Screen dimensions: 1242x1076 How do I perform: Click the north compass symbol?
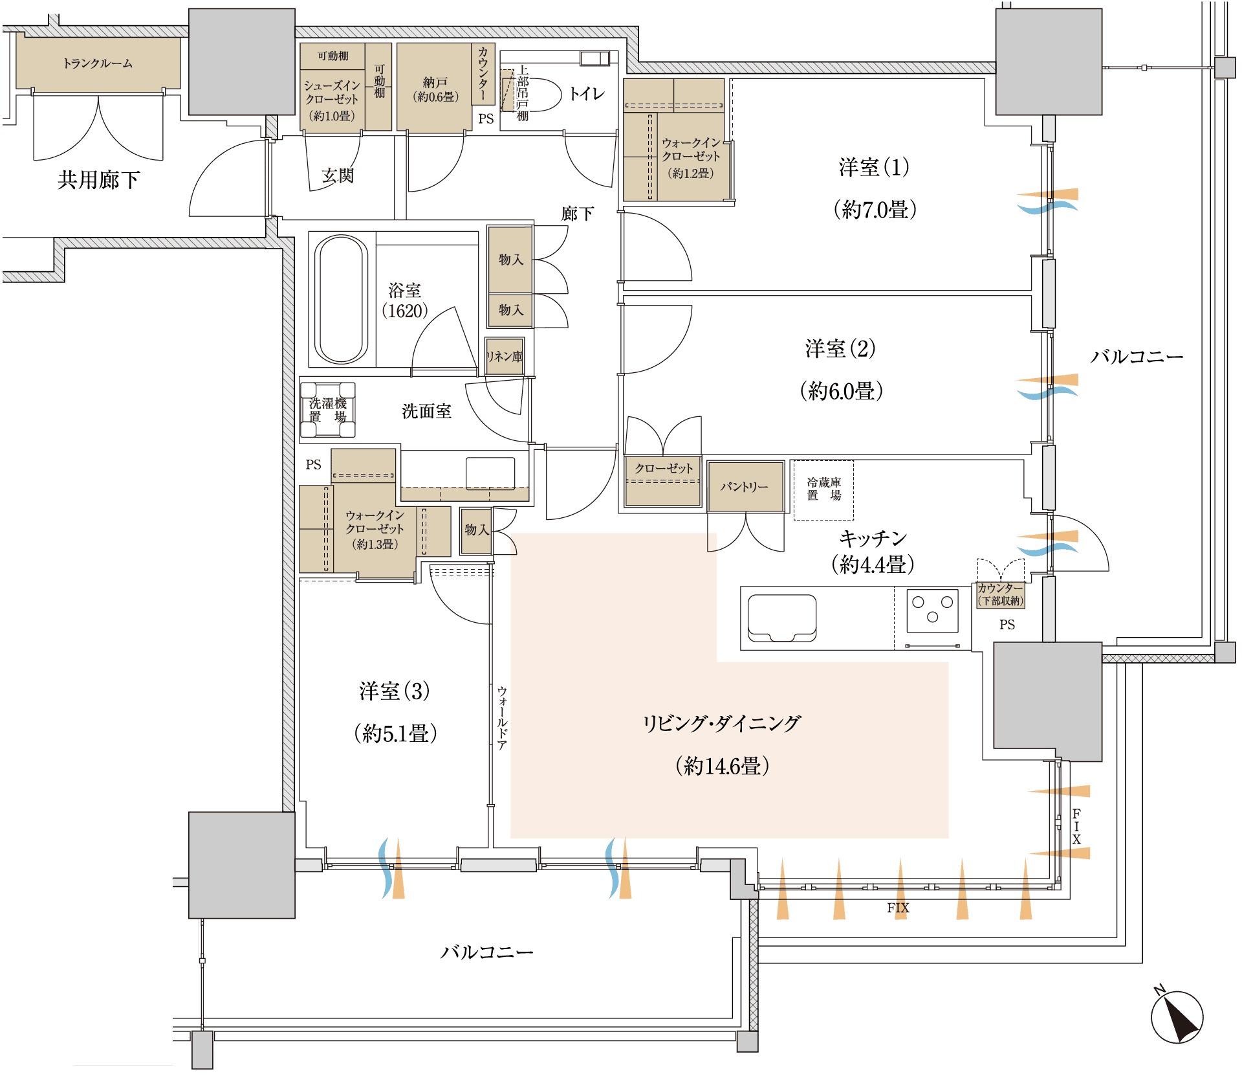(x=1177, y=1016)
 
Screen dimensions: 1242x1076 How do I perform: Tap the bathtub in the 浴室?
(x=341, y=299)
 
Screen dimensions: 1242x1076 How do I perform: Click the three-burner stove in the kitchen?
(x=932, y=610)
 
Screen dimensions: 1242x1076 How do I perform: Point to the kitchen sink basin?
(x=781, y=618)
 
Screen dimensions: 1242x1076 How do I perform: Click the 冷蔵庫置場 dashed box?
(x=823, y=490)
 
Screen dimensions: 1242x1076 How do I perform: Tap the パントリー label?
(x=745, y=487)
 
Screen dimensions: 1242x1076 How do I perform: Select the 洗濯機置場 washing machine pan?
(x=328, y=410)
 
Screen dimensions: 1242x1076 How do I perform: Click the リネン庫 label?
(x=505, y=356)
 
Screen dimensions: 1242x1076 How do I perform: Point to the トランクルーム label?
(x=98, y=63)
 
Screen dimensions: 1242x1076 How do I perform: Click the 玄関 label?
(x=338, y=175)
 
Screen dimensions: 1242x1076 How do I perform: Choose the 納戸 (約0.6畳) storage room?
(x=435, y=87)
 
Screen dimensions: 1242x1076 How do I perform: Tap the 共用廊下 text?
(x=98, y=180)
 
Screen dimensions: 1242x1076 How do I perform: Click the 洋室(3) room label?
(x=395, y=691)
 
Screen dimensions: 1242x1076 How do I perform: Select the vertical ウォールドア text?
(x=502, y=718)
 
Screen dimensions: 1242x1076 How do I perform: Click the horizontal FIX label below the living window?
(x=898, y=908)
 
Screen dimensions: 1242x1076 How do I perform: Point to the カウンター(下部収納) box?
(x=1000, y=594)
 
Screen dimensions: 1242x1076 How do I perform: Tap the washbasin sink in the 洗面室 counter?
(x=490, y=473)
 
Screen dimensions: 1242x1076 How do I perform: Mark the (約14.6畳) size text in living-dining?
(x=722, y=767)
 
